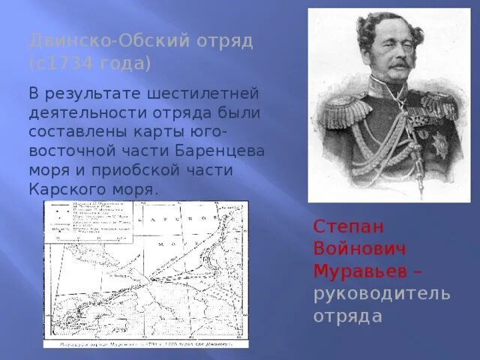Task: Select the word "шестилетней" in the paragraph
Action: click(205, 94)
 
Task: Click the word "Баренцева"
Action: click(229, 151)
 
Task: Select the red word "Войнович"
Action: click(352, 248)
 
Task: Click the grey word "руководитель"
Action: click(382, 293)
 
